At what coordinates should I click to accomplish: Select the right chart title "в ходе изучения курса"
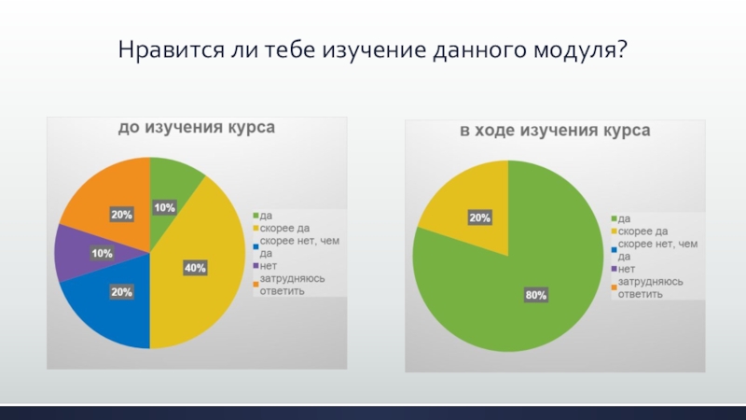554,132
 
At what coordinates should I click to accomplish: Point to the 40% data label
196,267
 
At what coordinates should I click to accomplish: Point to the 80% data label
536,295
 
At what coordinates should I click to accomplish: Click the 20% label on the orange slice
121,215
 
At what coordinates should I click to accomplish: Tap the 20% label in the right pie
480,217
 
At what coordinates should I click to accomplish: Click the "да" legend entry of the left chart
266,215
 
